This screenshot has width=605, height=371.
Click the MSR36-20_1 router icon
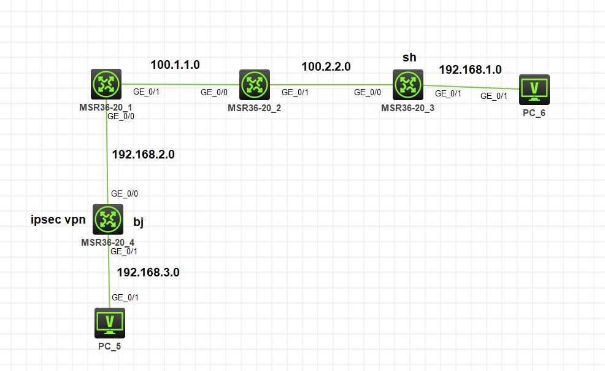(x=107, y=84)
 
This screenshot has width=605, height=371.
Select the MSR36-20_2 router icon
(x=253, y=84)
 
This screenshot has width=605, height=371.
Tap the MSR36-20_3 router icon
(x=407, y=84)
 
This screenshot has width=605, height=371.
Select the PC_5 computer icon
(x=110, y=322)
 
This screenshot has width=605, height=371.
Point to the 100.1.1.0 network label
(x=175, y=64)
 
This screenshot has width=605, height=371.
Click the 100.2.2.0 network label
(x=326, y=66)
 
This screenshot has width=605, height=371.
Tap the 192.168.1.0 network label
(x=470, y=69)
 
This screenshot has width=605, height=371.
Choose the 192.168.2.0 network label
(x=143, y=154)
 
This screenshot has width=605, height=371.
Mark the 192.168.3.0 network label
(x=148, y=272)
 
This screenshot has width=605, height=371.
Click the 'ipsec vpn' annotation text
(x=58, y=220)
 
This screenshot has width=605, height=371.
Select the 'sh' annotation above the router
(x=409, y=58)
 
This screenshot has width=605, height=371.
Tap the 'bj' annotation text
(x=138, y=222)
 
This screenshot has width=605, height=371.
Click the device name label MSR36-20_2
(x=253, y=108)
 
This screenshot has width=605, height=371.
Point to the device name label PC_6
(x=534, y=112)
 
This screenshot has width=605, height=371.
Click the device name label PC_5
(x=110, y=346)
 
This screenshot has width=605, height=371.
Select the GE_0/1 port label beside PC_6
(x=494, y=96)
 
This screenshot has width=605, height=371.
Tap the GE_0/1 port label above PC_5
(x=125, y=297)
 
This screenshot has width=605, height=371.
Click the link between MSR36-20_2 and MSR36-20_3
(x=331, y=85)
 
